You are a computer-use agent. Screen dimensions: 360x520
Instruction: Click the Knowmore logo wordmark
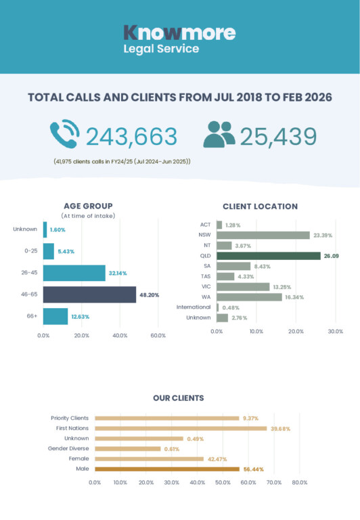(179, 32)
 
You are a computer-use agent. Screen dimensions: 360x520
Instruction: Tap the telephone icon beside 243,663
(65, 133)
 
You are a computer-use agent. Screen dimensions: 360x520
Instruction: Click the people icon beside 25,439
(219, 134)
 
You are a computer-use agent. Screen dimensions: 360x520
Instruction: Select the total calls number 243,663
(131, 136)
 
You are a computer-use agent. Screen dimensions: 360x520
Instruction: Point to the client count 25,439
(278, 136)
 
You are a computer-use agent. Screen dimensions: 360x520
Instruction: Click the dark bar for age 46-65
(89, 295)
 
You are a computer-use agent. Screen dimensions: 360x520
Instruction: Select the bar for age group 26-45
(74, 273)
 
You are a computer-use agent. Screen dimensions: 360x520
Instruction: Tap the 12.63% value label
(81, 317)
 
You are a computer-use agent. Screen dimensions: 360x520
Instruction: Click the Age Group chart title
(88, 206)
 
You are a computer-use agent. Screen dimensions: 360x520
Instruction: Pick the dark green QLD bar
(269, 256)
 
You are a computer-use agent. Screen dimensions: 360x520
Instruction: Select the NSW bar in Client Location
(263, 236)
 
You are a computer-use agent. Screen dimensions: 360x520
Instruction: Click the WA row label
(206, 297)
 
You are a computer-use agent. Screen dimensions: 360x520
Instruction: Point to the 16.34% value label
(294, 297)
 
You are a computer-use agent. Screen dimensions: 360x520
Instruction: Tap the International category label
(194, 307)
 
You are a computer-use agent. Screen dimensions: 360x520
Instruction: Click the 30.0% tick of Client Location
(336, 331)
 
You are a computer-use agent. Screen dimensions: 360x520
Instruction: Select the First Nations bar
(181, 429)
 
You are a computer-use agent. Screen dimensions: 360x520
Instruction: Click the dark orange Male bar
(167, 469)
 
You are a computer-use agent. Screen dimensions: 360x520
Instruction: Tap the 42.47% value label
(217, 459)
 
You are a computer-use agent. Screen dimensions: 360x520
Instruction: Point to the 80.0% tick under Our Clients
(300, 483)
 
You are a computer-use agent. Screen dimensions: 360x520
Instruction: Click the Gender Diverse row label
(68, 448)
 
